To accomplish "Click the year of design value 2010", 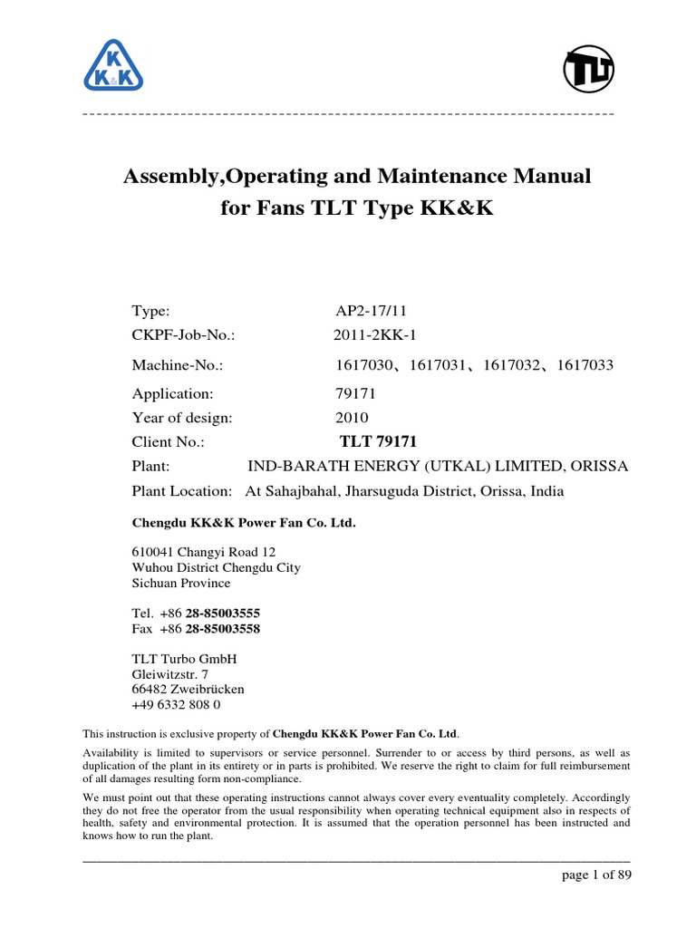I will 352,418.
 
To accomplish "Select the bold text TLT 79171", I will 378,442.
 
